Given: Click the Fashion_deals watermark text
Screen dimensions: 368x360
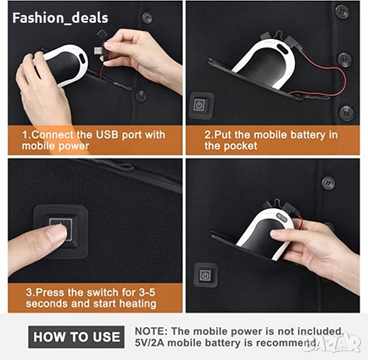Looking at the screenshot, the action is pyautogui.click(x=60, y=18).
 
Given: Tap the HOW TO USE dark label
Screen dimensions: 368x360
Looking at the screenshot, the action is pyautogui.click(x=76, y=337).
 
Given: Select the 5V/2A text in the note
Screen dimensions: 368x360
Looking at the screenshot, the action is pyautogui.click(x=149, y=343).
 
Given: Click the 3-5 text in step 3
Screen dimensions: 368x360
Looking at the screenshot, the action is pyautogui.click(x=147, y=292).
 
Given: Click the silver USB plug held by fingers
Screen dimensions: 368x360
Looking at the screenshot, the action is pyautogui.click(x=98, y=50).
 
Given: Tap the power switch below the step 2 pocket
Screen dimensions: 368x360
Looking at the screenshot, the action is pyautogui.click(x=202, y=106).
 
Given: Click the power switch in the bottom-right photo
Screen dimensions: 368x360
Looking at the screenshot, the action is pyautogui.click(x=205, y=275).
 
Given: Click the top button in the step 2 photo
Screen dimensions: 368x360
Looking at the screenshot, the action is pyautogui.click(x=342, y=11).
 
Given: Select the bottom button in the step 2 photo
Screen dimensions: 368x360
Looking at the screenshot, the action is pyautogui.click(x=346, y=113).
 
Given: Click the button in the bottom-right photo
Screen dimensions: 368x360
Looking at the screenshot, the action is pyautogui.click(x=328, y=182).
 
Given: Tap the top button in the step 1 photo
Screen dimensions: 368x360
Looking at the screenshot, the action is pyautogui.click(x=147, y=17).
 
